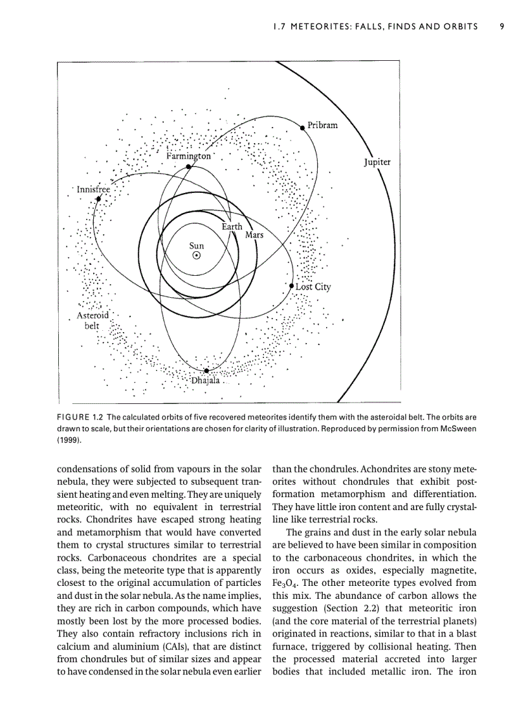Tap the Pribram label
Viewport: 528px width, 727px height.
pos(322,125)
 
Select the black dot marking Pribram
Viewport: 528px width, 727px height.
pos(302,128)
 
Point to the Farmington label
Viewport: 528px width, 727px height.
pos(188,156)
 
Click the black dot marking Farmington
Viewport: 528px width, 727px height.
pos(188,166)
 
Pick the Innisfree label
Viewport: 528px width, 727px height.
pos(94,190)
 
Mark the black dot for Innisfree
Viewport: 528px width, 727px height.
pos(99,199)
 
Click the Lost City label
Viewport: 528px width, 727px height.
pos(313,286)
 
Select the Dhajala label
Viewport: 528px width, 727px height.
pos(206,381)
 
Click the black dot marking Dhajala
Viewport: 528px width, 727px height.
pos(206,371)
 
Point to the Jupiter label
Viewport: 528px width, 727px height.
pos(377,162)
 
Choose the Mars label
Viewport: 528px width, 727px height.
pos(254,235)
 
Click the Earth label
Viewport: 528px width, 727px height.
pos(232,227)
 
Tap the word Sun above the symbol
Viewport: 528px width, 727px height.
pos(196,245)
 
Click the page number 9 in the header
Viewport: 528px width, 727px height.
pos(501,27)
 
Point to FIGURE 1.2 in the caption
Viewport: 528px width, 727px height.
pos(80,416)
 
